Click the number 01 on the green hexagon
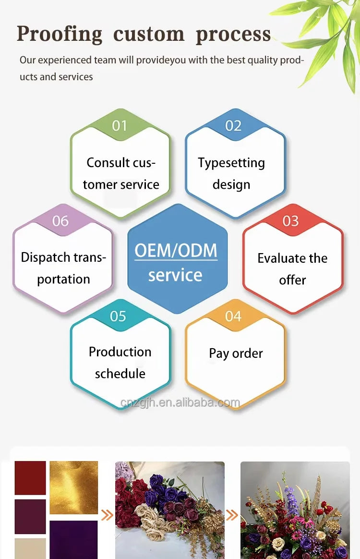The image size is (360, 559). point(120,125)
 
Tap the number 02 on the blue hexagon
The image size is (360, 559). point(233,125)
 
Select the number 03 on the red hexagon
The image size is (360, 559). point(290,221)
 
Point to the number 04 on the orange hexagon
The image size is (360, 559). point(233,316)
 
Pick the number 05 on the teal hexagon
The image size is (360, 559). point(118,316)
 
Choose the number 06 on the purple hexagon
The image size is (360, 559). point(60,221)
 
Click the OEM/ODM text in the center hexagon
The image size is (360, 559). point(176,250)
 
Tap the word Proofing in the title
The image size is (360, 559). point(60,35)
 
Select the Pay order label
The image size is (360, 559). point(236,353)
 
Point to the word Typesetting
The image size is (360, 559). point(231,163)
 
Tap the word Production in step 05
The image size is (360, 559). point(120,352)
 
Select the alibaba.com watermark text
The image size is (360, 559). point(180,402)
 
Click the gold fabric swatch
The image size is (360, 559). point(74,487)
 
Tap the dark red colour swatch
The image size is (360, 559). point(30,478)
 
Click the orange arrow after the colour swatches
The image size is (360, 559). point(108,515)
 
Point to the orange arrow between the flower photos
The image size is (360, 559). point(232,515)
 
